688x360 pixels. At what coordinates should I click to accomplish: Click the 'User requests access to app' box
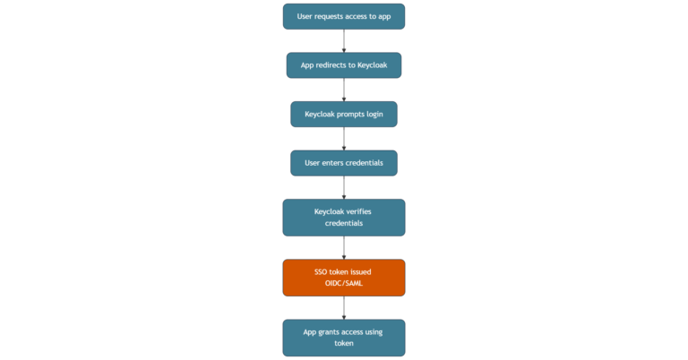[344, 16]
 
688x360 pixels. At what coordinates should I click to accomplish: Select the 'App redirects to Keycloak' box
[344, 65]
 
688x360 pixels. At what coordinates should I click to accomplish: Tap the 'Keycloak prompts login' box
[344, 114]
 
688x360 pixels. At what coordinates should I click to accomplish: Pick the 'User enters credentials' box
[344, 163]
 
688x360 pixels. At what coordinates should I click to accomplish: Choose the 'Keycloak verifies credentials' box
[344, 218]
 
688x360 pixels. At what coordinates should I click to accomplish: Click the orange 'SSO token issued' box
[344, 278]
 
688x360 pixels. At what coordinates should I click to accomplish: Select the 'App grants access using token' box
[344, 338]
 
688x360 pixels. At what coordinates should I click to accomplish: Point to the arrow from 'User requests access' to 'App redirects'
[344, 41]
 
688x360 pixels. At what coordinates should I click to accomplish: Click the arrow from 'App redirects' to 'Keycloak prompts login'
[344, 90]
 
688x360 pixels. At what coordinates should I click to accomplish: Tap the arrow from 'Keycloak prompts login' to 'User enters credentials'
[344, 139]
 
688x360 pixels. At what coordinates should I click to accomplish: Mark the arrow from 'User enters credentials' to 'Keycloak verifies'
[344, 187]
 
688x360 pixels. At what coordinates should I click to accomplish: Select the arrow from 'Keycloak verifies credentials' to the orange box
[344, 248]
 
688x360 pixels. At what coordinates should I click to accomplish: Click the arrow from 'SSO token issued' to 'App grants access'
[344, 308]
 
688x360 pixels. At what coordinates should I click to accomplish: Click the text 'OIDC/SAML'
[344, 283]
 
